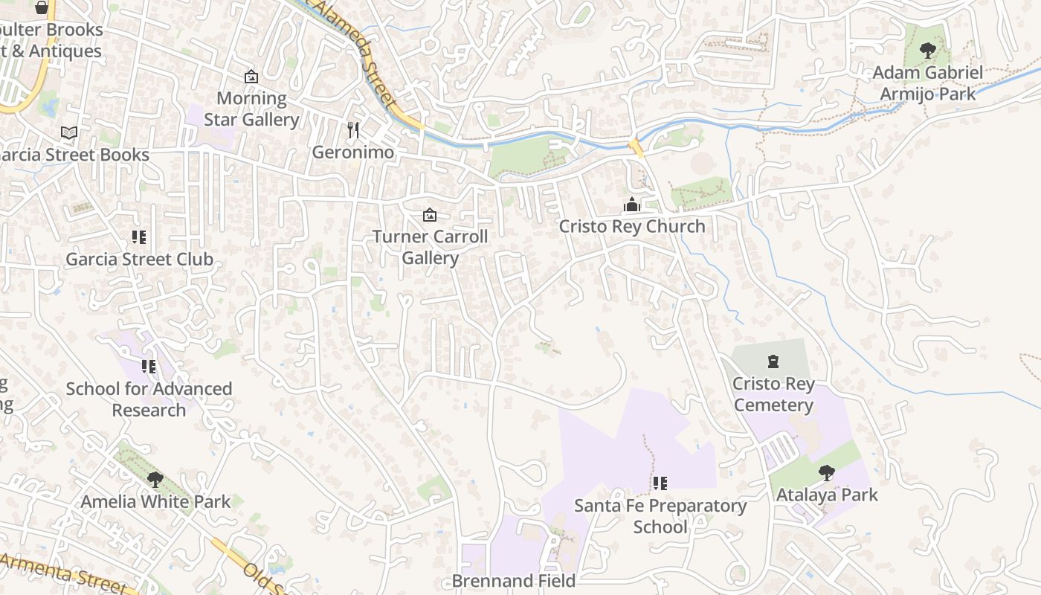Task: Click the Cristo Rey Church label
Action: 631,226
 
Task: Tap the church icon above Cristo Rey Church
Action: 631,205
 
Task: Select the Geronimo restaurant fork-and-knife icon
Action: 353,130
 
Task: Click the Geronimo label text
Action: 352,152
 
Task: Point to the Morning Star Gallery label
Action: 251,109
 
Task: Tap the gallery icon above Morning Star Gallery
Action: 251,77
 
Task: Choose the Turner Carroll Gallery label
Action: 430,247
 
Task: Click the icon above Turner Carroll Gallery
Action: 429,216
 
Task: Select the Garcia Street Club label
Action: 139,260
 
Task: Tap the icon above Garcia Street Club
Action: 139,237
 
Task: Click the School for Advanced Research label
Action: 149,399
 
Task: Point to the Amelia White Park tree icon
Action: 155,479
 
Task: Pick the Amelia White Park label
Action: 155,501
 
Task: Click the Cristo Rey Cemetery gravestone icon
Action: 773,362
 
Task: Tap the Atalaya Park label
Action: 827,495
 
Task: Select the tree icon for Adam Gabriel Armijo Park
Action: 927,51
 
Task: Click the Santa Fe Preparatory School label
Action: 660,516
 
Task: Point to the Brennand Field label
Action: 514,581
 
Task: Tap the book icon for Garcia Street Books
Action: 69,132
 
